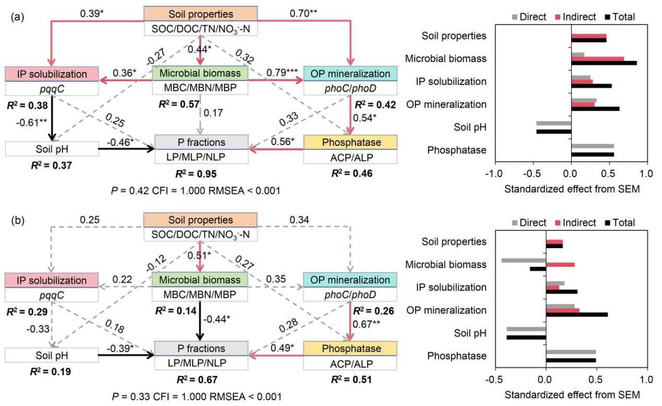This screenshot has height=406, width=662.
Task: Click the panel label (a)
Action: pyautogui.click(x=17, y=16)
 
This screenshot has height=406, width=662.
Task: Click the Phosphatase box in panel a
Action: pyautogui.click(x=350, y=142)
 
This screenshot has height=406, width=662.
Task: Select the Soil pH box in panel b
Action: pyautogui.click(x=51, y=355)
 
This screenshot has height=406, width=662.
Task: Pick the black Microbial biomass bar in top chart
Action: pyautogui.click(x=604, y=63)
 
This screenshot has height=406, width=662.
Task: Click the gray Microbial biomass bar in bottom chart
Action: pyautogui.click(x=524, y=260)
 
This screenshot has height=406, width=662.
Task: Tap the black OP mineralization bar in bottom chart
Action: pyautogui.click(x=577, y=314)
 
